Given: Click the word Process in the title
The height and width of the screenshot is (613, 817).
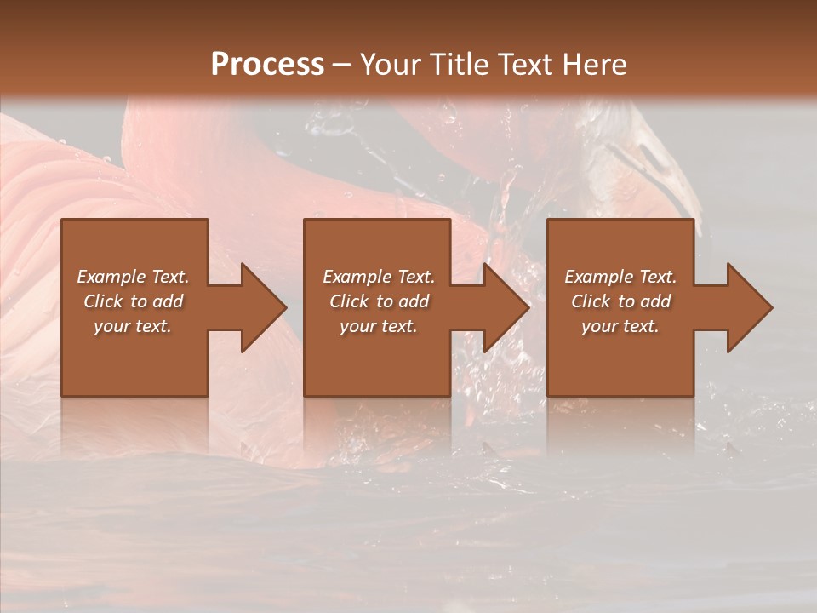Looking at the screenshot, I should tap(267, 65).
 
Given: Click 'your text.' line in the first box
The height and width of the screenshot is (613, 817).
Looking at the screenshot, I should tap(133, 326).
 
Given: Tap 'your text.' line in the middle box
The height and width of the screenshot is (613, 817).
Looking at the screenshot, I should tap(379, 326).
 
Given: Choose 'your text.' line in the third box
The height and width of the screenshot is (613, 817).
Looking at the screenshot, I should tap(620, 326).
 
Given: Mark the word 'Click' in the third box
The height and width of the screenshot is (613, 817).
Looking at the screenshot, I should tap(591, 301).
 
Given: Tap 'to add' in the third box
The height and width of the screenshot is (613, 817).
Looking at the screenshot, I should tap(648, 301).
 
